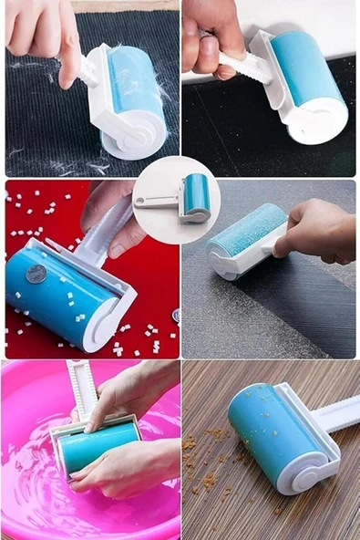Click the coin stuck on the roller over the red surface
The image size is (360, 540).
point(36,273)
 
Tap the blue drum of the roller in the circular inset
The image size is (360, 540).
point(195,192)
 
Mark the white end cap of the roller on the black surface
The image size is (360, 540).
point(314,123)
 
